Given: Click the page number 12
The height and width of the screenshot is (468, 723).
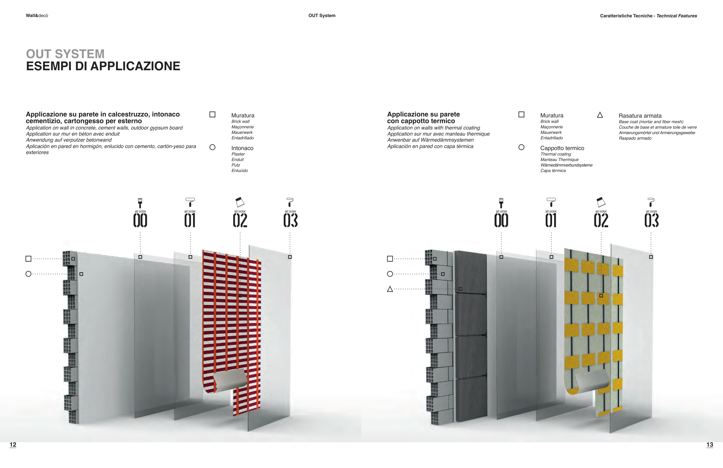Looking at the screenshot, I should pos(13,445).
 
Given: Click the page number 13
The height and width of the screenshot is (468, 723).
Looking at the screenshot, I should pos(710,445).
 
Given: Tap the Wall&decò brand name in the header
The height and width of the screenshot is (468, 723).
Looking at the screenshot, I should pos(37,16).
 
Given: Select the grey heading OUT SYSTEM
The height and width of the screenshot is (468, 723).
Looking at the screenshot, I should pos(65,54).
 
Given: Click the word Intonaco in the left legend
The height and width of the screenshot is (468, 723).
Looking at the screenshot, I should pos(242,148).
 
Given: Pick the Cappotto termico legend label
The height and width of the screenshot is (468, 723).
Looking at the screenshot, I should pos(562,148).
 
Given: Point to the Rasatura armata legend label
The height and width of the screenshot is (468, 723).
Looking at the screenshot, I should pos(640,116).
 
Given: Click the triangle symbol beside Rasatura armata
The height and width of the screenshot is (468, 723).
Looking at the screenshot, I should pos(600,115).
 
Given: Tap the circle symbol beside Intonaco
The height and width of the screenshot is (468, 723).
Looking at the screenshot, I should pos(212,147).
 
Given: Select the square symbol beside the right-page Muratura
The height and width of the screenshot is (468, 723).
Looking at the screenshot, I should pos(521,114).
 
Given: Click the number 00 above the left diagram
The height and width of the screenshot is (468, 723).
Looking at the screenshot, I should pos(140,220).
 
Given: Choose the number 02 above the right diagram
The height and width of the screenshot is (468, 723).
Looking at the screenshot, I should pos(601,220).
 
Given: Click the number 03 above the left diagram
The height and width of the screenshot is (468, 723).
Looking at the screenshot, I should pos(290,220).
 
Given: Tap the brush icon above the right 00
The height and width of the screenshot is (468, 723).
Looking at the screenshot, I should pos(501,203).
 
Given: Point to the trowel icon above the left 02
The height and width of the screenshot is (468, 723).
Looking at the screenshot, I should pos(240,202).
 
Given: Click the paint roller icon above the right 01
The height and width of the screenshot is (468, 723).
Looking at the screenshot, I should pos(551,202).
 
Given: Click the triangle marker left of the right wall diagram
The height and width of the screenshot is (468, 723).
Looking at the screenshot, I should pos(390,289).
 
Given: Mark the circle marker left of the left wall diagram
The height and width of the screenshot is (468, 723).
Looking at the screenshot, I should pos(29,274).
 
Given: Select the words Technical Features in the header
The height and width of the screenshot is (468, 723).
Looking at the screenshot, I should pos(676,16).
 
